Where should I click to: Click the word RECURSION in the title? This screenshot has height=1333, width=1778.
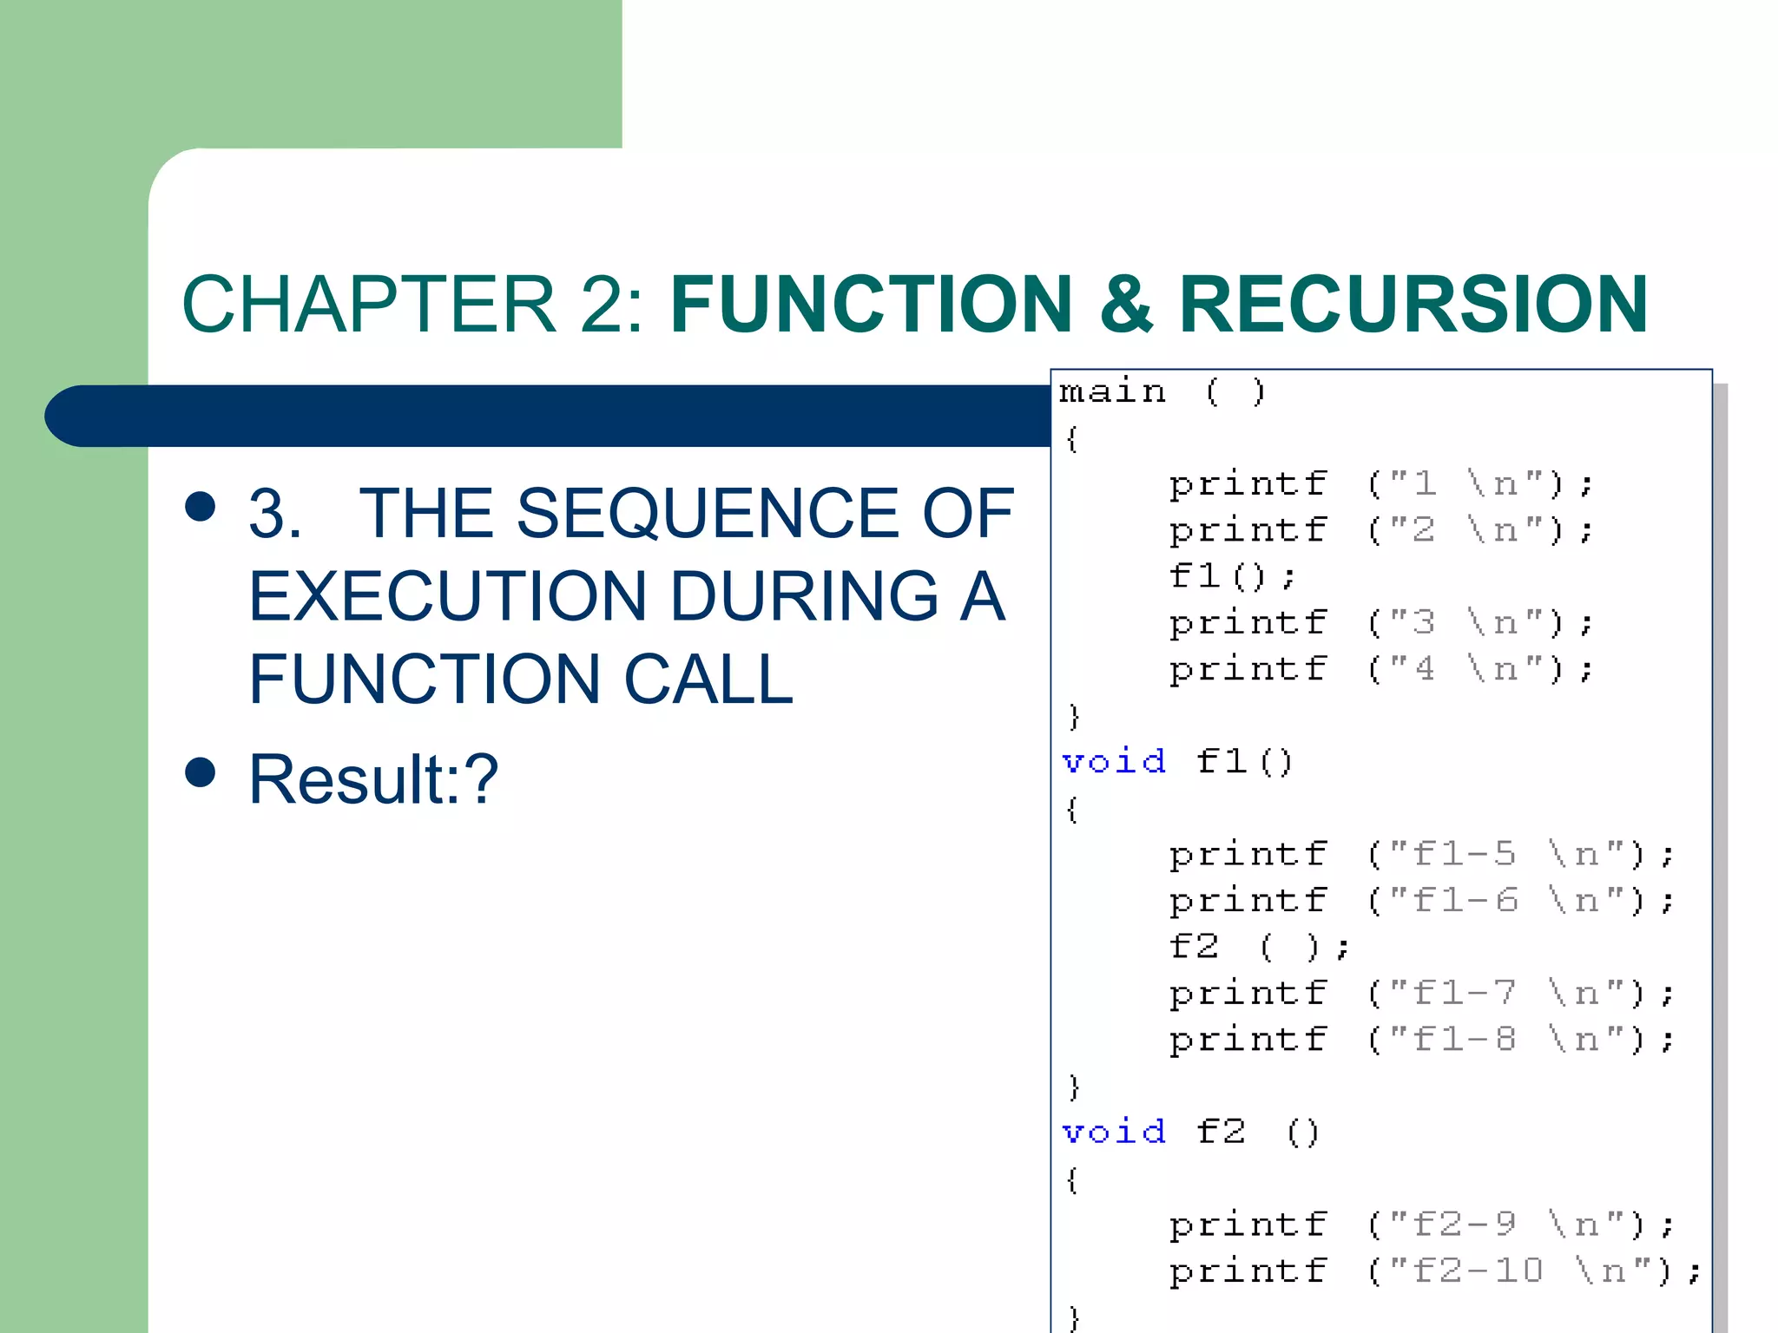[1413, 304]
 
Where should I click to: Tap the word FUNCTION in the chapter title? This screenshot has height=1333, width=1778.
[872, 304]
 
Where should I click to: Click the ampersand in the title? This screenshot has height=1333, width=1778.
[1126, 304]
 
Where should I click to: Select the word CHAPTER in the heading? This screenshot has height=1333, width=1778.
[369, 304]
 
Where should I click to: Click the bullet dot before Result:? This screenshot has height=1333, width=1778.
[201, 772]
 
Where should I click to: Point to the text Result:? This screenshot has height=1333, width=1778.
[373, 778]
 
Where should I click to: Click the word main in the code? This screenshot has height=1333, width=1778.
[1112, 391]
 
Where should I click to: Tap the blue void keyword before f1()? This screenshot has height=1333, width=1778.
[1114, 761]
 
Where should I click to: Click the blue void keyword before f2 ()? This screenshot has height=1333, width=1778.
[1114, 1132]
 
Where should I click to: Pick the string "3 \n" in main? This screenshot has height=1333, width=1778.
[1466, 622]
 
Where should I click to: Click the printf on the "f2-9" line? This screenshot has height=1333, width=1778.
[1248, 1225]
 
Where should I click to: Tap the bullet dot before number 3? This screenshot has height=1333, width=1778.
[201, 506]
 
